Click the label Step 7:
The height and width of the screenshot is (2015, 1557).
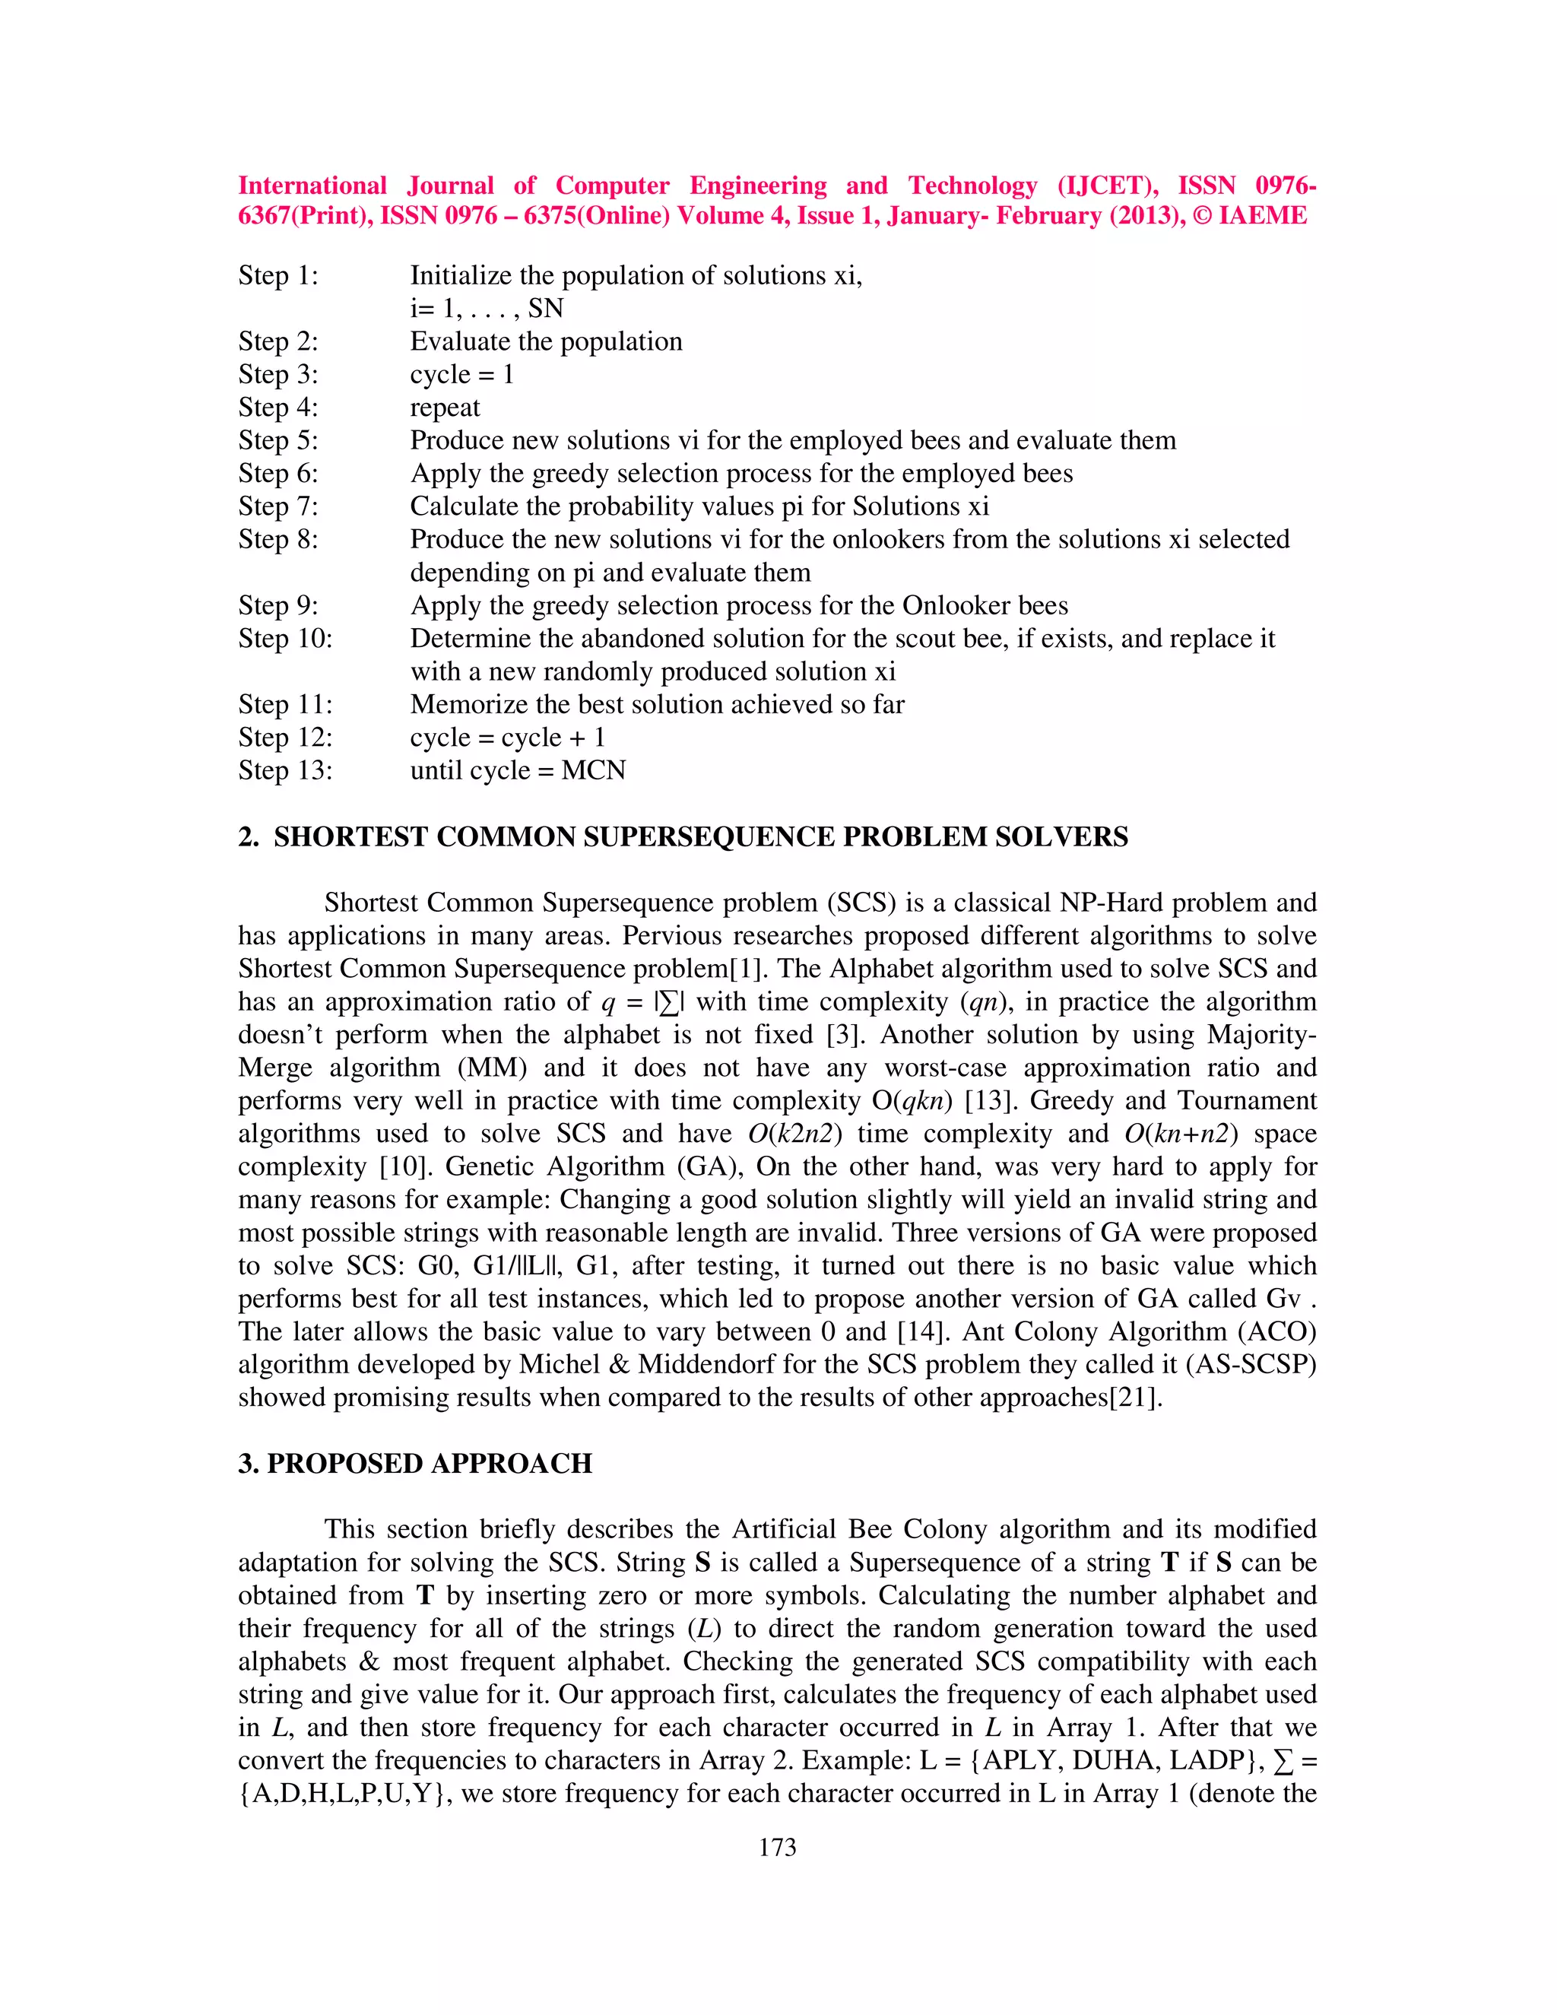coord(277,506)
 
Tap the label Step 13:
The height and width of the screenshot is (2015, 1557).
coord(285,770)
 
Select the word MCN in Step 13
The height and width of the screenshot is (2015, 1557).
coord(593,770)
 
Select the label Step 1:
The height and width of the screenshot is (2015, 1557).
coord(277,276)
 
